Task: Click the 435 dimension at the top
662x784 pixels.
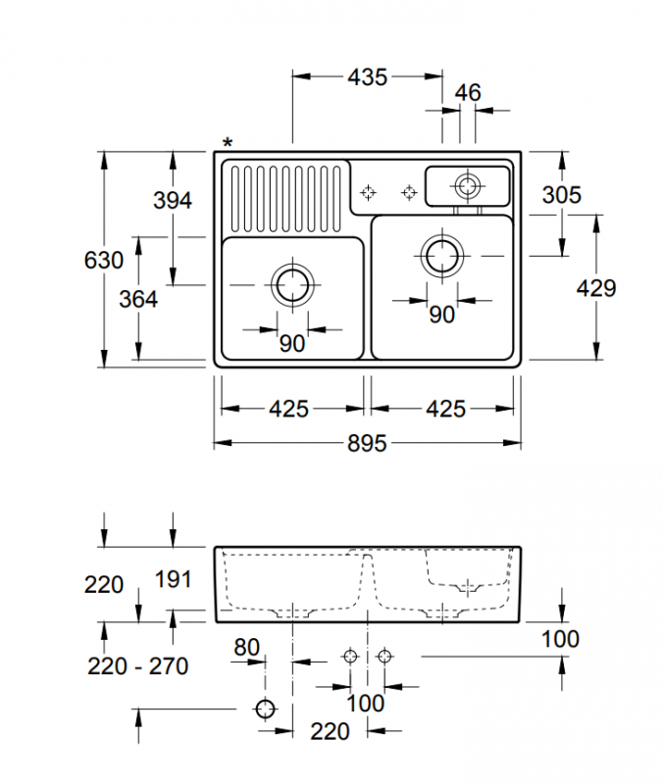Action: click(x=367, y=77)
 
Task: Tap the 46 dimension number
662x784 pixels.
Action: click(x=468, y=92)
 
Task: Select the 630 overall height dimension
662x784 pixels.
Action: click(x=104, y=260)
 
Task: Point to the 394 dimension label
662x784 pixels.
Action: click(x=173, y=201)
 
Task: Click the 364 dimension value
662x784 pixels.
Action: click(x=138, y=299)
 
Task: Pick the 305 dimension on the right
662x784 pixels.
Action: click(x=561, y=195)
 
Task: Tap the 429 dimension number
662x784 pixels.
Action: click(x=596, y=288)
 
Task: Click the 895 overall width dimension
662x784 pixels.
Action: click(x=367, y=443)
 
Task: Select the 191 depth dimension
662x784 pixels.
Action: click(x=174, y=579)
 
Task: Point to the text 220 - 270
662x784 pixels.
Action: click(x=138, y=666)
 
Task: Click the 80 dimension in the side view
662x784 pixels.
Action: click(x=247, y=648)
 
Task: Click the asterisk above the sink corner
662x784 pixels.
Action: click(x=228, y=143)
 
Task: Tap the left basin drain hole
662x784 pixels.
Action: click(x=292, y=285)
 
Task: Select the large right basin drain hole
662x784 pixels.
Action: click(x=442, y=256)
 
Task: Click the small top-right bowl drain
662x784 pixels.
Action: click(x=468, y=186)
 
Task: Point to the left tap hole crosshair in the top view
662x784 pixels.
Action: click(x=369, y=192)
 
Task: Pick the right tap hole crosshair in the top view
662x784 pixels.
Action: click(x=409, y=192)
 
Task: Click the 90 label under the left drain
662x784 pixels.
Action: click(x=292, y=344)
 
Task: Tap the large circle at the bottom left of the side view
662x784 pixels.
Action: click(x=265, y=709)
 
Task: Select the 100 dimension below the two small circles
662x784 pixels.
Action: click(x=366, y=704)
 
